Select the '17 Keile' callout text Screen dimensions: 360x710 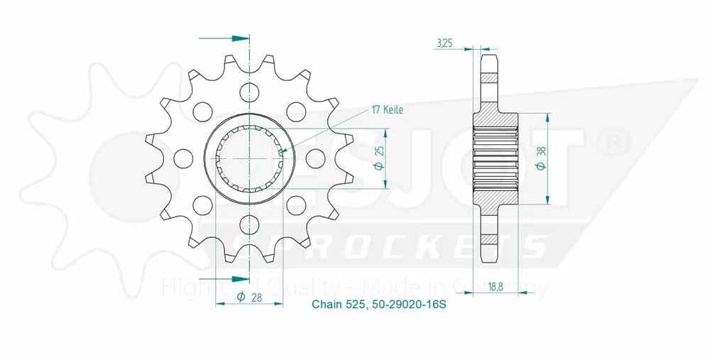tap(387, 110)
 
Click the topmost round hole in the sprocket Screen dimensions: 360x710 tap(249, 90)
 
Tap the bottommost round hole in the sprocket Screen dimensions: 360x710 tap(249, 225)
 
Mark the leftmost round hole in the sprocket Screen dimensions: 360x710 tap(182, 158)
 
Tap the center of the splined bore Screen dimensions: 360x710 tap(249, 158)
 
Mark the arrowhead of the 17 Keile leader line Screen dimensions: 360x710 tap(284, 151)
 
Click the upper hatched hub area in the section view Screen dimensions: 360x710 tap(495, 119)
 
